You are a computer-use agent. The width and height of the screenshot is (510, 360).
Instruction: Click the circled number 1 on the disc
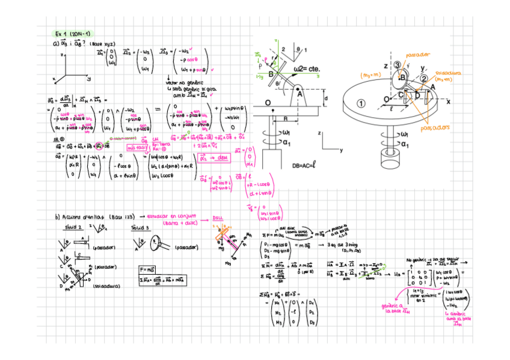click(361, 103)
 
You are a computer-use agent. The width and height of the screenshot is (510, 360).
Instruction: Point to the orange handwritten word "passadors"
click(434, 128)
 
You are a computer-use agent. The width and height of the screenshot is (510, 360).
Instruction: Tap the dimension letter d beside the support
click(325, 97)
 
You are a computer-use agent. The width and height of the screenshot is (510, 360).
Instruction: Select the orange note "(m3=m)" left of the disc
click(370, 75)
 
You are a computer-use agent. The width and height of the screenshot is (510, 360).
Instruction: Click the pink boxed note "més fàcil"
click(138, 147)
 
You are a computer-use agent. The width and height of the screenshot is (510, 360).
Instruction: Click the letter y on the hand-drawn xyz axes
click(88, 78)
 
